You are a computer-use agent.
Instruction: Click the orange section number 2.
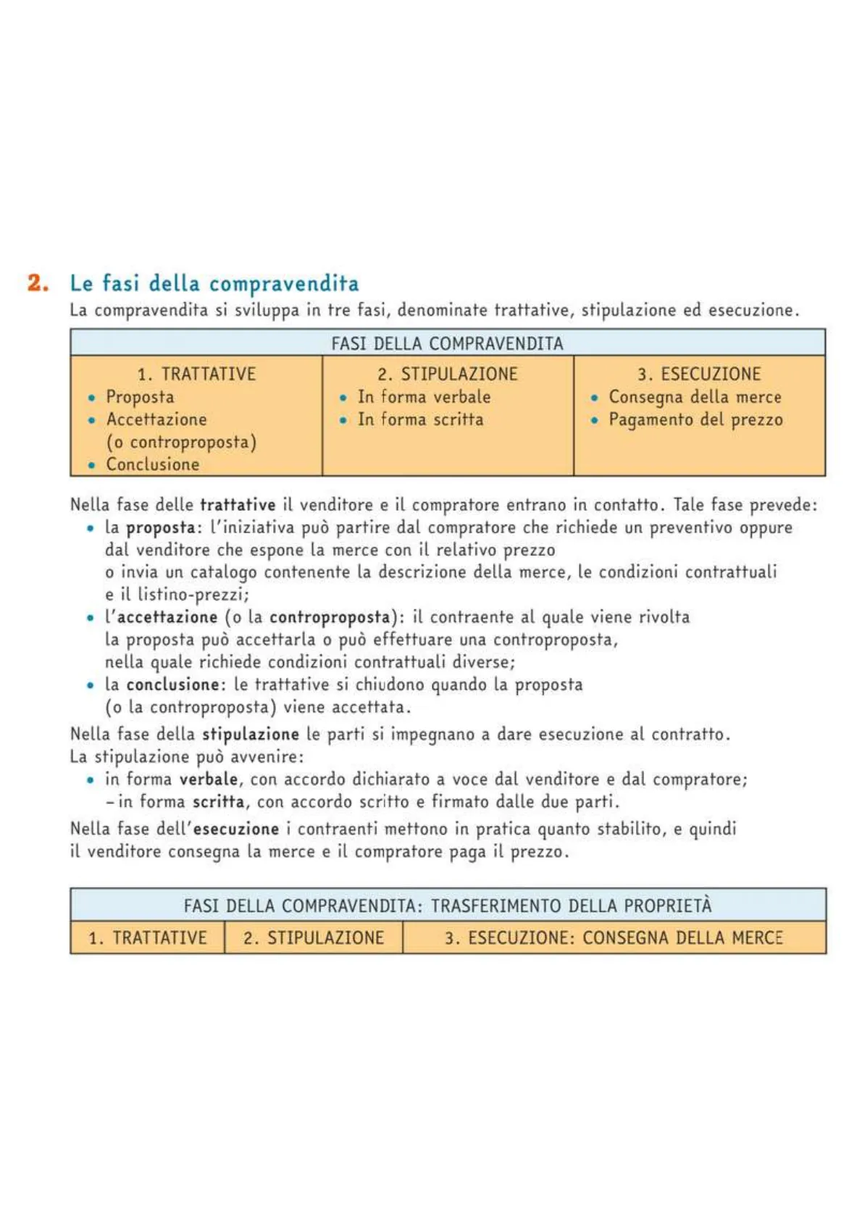[38, 283]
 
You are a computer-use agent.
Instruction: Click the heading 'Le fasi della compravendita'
[214, 283]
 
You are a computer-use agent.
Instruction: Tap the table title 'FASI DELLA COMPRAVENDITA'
[447, 343]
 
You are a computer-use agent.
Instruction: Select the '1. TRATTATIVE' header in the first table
[196, 374]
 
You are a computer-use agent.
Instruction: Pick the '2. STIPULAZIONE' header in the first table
[447, 374]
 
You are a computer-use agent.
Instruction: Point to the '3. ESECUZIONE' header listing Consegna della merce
[699, 374]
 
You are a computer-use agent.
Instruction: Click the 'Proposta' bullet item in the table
[140, 397]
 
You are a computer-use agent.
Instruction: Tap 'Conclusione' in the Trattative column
[153, 464]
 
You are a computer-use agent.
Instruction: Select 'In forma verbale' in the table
[424, 397]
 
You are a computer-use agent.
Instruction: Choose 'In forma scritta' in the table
[420, 419]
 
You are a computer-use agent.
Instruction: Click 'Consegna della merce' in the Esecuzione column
[695, 397]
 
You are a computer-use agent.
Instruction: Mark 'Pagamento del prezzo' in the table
[695, 419]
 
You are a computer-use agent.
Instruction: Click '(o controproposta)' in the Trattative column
[181, 442]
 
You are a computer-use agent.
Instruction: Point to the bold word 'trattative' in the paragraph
[238, 505]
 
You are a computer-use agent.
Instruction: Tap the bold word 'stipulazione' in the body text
[250, 734]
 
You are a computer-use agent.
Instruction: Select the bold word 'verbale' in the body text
[209, 779]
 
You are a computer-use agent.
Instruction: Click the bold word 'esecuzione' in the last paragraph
[236, 829]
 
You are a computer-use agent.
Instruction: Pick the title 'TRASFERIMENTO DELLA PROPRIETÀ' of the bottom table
[571, 906]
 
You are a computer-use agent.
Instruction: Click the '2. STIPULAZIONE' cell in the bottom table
[314, 938]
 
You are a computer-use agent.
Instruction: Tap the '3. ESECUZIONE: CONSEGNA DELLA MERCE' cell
[614, 938]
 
